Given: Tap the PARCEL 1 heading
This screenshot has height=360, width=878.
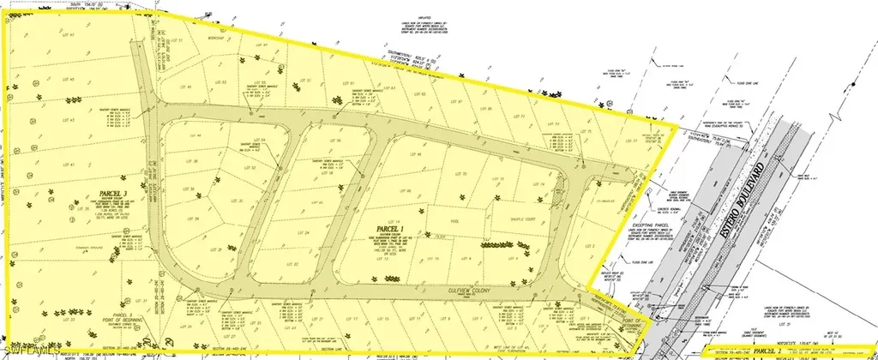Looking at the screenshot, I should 388,231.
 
